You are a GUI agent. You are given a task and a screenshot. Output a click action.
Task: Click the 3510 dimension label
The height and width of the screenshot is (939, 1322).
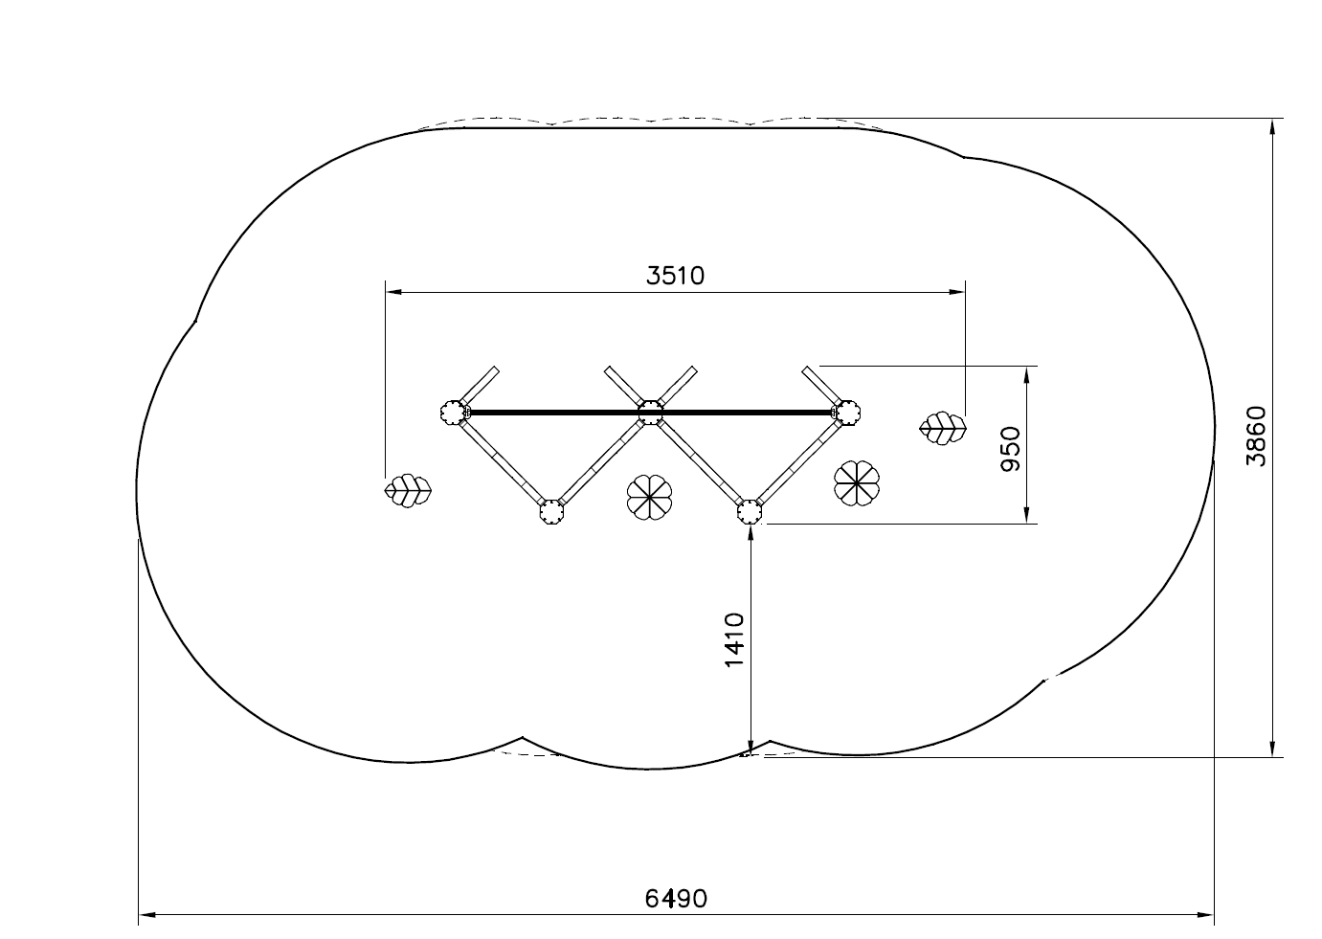point(675,276)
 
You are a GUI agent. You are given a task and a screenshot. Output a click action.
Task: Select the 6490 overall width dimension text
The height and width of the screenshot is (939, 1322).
point(676,899)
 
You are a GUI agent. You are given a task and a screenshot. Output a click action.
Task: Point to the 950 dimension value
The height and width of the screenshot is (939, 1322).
point(1011,449)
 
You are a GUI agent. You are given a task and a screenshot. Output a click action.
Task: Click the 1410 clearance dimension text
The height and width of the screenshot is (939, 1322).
point(734,640)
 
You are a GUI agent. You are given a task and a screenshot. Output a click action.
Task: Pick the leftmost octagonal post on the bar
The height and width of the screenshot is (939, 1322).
point(453,412)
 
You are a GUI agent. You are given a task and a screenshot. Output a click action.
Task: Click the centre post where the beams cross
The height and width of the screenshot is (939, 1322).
point(650,412)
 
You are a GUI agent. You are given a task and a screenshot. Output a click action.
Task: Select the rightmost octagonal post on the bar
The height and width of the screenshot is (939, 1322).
point(848,412)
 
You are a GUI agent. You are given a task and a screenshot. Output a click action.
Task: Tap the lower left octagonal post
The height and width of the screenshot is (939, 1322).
point(551,512)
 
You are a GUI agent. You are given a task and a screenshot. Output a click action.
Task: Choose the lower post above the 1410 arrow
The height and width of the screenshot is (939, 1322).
point(749,512)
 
